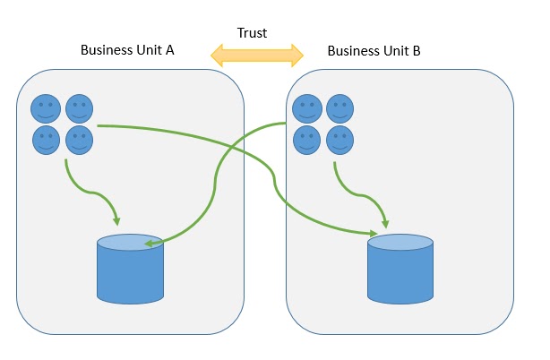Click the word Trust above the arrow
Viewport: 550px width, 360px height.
tap(252, 33)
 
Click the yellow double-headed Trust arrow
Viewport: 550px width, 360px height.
tap(257, 56)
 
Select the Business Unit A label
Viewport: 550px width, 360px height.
tap(127, 50)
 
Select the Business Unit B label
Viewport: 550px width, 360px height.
tap(374, 50)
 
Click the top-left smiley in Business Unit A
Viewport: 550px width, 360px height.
tap(47, 109)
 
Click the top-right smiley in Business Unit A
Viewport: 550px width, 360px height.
tap(80, 109)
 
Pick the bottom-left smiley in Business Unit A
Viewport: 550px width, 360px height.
tap(47, 140)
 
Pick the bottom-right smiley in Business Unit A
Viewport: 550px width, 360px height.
tap(80, 140)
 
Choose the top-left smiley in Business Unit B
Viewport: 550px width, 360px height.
tap(307, 109)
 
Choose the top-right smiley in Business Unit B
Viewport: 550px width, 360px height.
tap(339, 109)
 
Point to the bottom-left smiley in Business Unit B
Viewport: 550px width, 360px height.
tap(307, 140)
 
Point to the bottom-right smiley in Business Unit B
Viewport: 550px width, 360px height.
tap(339, 140)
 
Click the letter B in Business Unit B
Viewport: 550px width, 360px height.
tap(417, 50)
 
